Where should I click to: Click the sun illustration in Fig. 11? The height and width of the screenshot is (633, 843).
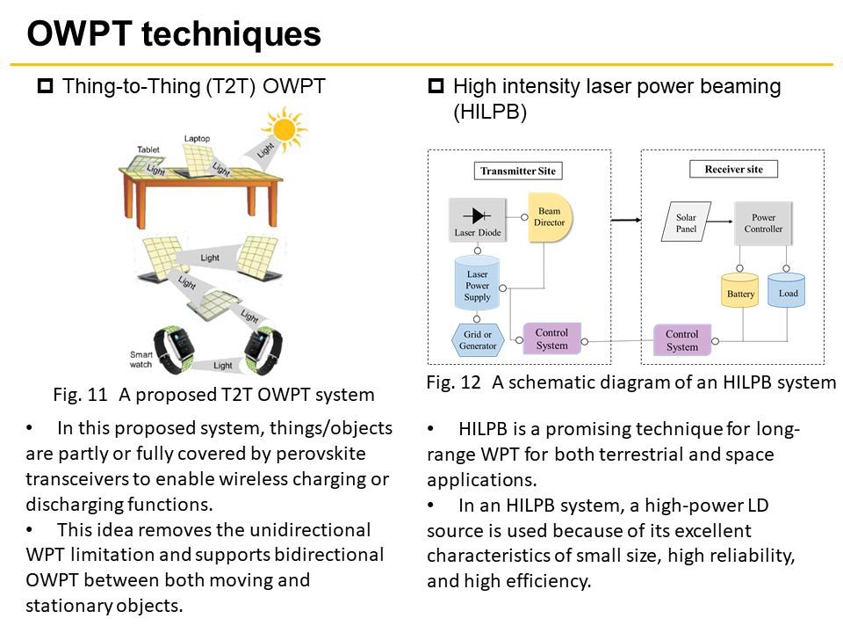pos(284,129)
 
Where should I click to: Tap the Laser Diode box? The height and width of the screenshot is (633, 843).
pos(478,220)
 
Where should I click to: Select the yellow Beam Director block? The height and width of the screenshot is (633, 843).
pos(550,217)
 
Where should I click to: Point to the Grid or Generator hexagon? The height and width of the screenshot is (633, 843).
pos(478,340)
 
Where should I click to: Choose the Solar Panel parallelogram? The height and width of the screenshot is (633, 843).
pos(686,222)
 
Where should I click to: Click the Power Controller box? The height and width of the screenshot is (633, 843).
pos(763,223)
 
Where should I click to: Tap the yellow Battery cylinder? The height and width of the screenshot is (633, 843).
pos(739,290)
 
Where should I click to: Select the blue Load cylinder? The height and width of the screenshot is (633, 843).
pos(787,290)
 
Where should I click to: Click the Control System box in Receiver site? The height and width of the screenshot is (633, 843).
pos(682,340)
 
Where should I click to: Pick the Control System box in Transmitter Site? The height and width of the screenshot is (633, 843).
pos(552,338)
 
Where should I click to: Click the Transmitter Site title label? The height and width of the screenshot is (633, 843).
pos(518,171)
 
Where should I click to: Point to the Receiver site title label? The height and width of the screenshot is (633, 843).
pos(734,169)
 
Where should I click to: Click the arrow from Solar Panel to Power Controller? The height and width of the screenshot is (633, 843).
pos(719,222)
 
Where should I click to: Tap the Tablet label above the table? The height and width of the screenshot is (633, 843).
pos(148,149)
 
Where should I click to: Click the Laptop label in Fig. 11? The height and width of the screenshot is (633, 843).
pos(197,138)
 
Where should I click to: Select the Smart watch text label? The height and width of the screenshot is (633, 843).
pos(140,360)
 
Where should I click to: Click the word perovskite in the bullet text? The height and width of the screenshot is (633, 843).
pos(321,454)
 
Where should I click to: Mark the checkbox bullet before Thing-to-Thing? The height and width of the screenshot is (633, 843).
pos(45,86)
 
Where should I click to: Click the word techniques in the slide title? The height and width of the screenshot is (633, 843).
pos(231,33)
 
